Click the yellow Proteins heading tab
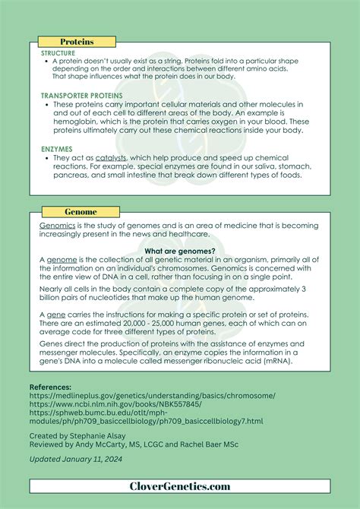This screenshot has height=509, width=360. click(77, 42)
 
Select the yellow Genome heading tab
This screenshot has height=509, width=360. click(80, 210)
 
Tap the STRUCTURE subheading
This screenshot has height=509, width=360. click(58, 52)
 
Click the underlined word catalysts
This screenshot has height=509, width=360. click(110, 158)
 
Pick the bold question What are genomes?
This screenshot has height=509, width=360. click(179, 251)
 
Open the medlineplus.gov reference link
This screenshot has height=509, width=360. click(152, 396)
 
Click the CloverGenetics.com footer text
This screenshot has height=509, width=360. click(179, 486)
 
